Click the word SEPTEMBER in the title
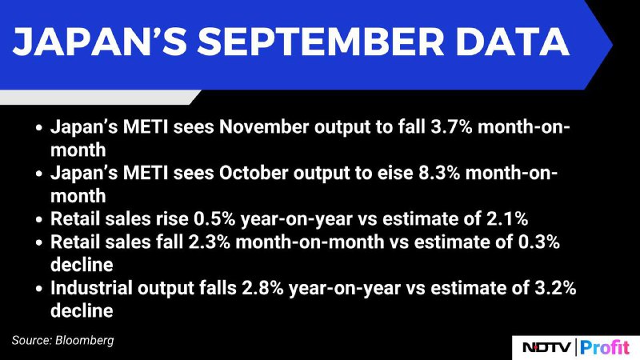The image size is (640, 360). pos(321,42)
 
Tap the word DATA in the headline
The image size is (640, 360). pos(513,42)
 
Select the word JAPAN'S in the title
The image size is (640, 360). pos(99,42)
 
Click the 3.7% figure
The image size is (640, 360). pos(451,127)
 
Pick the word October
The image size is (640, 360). pos(254,173)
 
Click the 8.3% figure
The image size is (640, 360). pos(439,173)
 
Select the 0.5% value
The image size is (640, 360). pos(214,219)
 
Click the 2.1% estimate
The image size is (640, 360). pos(507,219)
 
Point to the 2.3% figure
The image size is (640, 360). pos(210,242)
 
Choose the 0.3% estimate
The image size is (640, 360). pos(538,242)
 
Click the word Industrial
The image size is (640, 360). pos(91,288)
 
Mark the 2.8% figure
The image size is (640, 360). pos(263,288)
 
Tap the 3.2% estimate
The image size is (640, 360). pos(555,288)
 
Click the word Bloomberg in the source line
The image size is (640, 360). pos(85,341)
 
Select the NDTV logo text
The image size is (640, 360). pos(547,348)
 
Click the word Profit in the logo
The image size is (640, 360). pos(605,348)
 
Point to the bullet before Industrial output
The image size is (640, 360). pos(38,289)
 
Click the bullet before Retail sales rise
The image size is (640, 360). pos(38,219)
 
